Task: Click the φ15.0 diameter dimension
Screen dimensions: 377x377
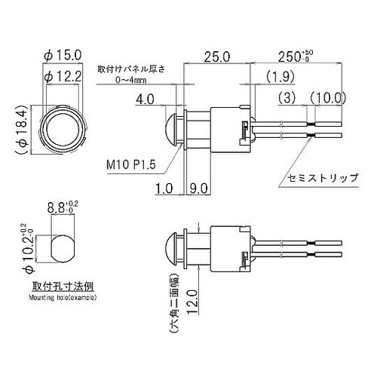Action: click(x=63, y=56)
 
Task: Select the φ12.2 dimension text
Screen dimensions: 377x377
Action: click(x=63, y=76)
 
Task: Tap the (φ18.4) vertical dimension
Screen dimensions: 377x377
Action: click(x=22, y=129)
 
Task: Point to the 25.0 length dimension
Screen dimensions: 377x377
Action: click(x=217, y=57)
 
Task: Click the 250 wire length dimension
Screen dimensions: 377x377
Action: click(x=296, y=57)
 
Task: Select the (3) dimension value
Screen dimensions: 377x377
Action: click(x=287, y=98)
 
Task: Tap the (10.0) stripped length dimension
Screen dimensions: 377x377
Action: click(x=328, y=98)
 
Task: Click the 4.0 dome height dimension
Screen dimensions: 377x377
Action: click(x=145, y=100)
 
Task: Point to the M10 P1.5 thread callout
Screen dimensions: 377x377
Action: click(x=131, y=165)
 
